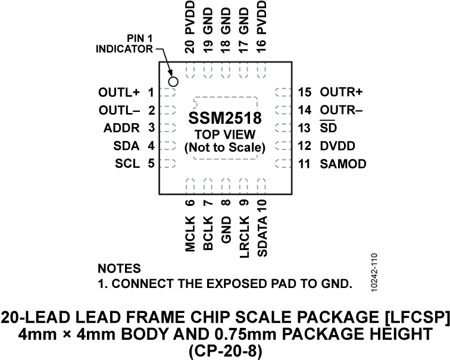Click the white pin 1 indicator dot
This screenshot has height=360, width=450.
[x=174, y=82]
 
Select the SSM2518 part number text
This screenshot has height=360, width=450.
[x=225, y=118]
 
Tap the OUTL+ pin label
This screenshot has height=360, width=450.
[x=120, y=93]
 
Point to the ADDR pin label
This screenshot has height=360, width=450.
[x=121, y=128]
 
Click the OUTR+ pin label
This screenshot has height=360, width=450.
[x=341, y=93]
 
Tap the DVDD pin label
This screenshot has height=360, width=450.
[x=337, y=146]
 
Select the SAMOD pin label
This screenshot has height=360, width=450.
[x=343, y=164]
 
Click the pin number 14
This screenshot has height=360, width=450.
[x=305, y=110]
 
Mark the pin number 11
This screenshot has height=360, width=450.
[x=305, y=164]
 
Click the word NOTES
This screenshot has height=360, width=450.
[x=119, y=268]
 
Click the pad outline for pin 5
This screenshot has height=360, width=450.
[x=170, y=163]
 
